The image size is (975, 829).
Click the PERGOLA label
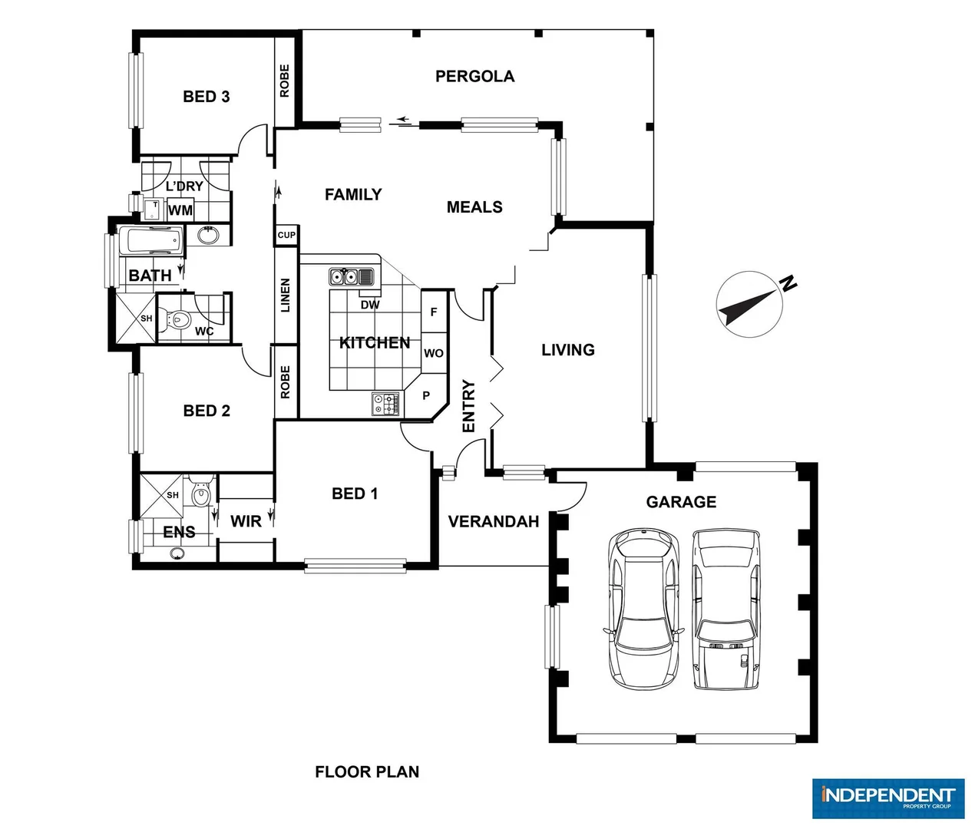click(474, 76)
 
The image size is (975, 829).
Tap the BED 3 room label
click(206, 97)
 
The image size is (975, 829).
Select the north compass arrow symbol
click(749, 304)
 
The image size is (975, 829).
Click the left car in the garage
click(643, 609)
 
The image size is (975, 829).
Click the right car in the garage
click(725, 609)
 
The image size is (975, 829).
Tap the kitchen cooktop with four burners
click(386, 404)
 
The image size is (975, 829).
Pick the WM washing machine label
click(180, 210)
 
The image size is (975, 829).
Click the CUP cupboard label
click(286, 235)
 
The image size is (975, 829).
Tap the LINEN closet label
click(286, 296)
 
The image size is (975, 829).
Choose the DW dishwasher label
click(370, 305)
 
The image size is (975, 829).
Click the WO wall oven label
click(434, 353)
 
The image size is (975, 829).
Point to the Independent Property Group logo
click(887, 798)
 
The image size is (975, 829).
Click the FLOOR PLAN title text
click(367, 772)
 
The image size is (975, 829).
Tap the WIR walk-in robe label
click(246, 521)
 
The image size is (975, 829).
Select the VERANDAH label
click(493, 522)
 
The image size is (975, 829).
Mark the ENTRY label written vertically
click(468, 406)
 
